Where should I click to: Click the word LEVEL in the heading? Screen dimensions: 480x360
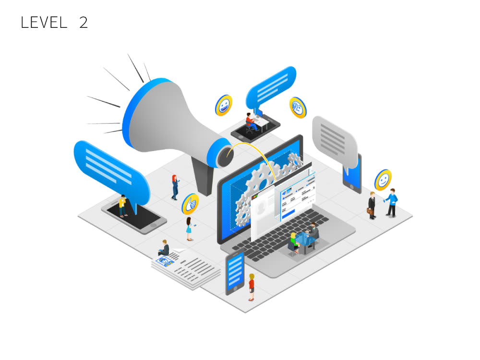point(44,23)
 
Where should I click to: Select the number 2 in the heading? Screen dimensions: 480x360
point(84,23)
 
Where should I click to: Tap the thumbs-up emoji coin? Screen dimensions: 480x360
point(191,204)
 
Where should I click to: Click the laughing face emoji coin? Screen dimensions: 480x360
point(224,105)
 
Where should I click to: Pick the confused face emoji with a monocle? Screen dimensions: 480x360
point(298,108)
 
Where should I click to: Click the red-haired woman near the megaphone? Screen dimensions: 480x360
point(175,187)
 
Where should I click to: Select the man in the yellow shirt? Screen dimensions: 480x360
point(123,206)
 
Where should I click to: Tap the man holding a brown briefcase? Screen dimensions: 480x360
point(372,205)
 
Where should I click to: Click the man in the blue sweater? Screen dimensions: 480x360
point(392,203)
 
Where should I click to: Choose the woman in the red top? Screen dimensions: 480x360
point(252,287)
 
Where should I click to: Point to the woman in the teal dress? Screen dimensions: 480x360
point(189,228)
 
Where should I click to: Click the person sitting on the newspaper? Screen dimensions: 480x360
point(164,248)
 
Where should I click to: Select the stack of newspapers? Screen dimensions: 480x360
point(186,268)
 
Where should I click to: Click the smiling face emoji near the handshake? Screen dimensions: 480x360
point(383,180)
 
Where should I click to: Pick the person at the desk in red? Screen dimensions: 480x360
point(251,122)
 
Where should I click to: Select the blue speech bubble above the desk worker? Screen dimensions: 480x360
point(271,87)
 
